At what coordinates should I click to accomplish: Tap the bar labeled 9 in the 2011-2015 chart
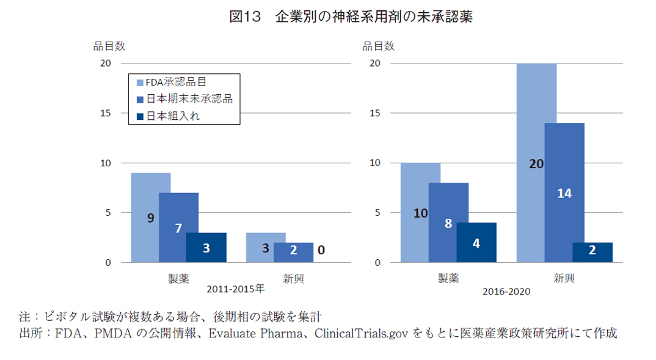[150, 218]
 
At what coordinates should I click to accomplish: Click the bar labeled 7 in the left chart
[178, 227]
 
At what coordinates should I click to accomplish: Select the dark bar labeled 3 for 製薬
[206, 248]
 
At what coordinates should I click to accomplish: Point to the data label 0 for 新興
[321, 249]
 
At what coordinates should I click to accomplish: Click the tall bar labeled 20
[536, 163]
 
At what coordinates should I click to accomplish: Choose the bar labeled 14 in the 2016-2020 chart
[564, 193]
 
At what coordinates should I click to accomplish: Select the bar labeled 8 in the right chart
[448, 222]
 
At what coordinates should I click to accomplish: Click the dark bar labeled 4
[476, 243]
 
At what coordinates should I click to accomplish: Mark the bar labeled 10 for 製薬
[420, 213]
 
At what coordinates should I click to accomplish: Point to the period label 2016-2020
[506, 292]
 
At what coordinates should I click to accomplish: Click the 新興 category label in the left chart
[293, 278]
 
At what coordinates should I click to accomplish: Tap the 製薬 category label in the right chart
[448, 278]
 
